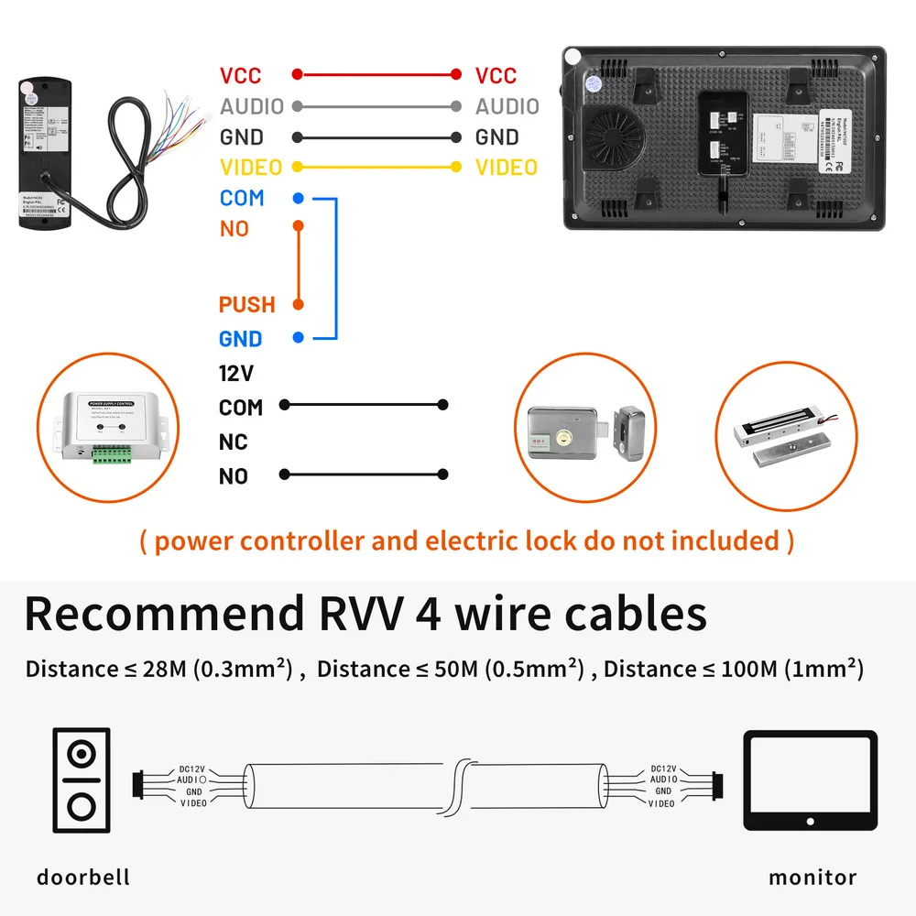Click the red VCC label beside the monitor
[x=496, y=76]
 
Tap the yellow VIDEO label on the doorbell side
[x=250, y=168]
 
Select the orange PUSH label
[x=246, y=304]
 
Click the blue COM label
[x=242, y=198]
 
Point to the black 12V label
[x=235, y=373]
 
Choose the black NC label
[x=234, y=442]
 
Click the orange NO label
[x=234, y=228]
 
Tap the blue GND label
[x=240, y=339]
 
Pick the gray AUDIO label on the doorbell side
[x=252, y=106]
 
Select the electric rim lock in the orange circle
[x=586, y=431]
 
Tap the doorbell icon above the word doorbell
[x=82, y=780]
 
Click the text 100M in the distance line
[x=741, y=669]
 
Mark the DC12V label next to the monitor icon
[x=662, y=769]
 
